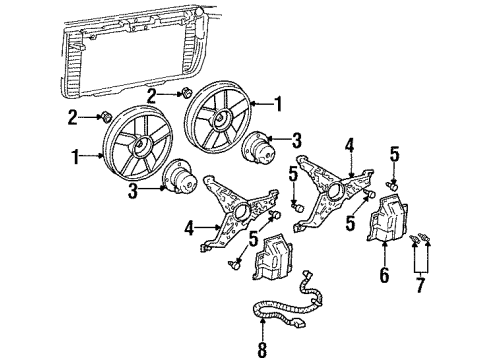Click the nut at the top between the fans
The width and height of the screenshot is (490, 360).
pyautogui.click(x=186, y=93)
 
